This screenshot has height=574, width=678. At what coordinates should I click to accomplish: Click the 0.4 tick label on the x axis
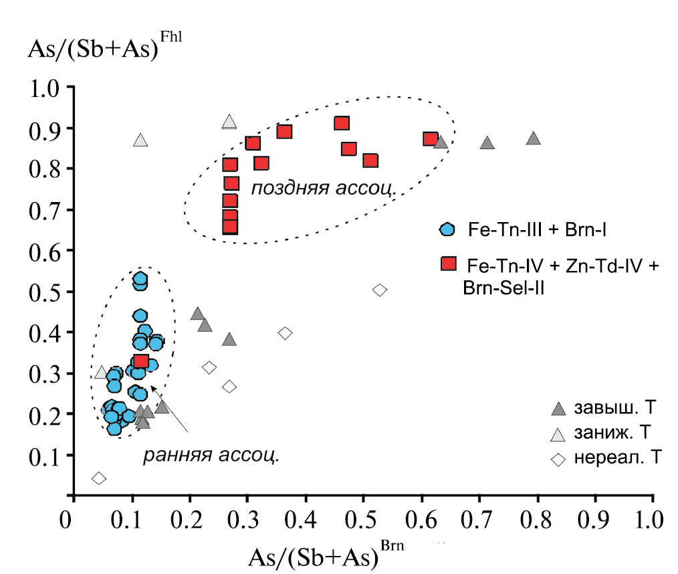pyautogui.click(x=306, y=519)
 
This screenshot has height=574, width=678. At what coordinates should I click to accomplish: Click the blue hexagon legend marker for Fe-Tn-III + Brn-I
pyautogui.click(x=447, y=229)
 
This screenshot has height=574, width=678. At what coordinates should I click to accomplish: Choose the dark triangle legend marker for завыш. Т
pyautogui.click(x=558, y=409)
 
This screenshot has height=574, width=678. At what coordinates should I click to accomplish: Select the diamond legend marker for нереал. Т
pyautogui.click(x=558, y=460)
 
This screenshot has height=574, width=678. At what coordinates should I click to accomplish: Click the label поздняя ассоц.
pyautogui.click(x=324, y=189)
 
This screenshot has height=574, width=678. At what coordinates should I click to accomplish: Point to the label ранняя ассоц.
pyautogui.click(x=209, y=456)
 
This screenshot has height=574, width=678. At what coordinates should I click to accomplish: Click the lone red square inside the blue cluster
pyautogui.click(x=141, y=362)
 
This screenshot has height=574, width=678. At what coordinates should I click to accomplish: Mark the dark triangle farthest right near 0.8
pyautogui.click(x=533, y=138)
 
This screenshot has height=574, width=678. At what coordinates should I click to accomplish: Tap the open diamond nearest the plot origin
pyautogui.click(x=99, y=478)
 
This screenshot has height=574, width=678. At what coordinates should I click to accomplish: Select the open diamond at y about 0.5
pyautogui.click(x=380, y=290)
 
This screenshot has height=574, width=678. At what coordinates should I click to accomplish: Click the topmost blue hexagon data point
pyautogui.click(x=140, y=279)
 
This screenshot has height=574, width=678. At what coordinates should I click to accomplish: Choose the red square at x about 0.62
pyautogui.click(x=430, y=139)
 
